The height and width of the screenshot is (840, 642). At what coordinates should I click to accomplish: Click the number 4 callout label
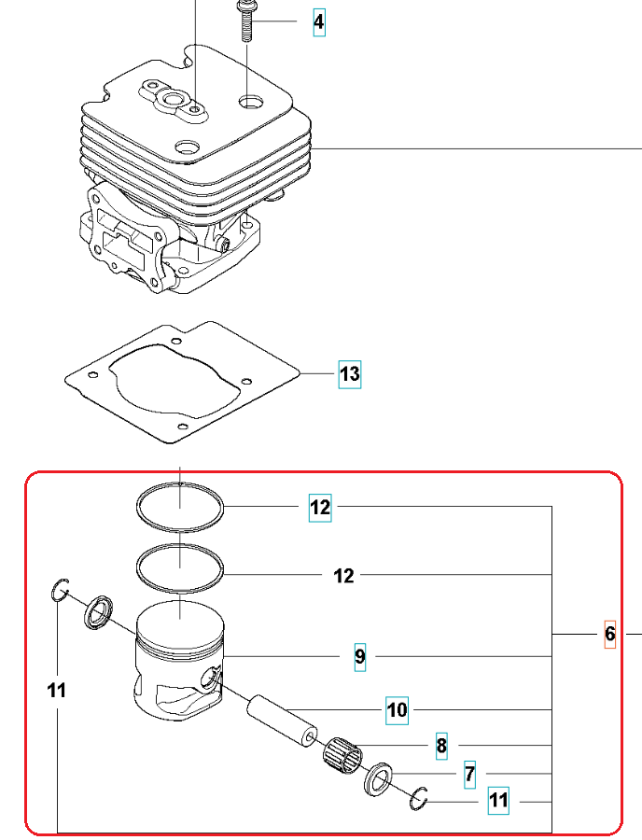(x=319, y=21)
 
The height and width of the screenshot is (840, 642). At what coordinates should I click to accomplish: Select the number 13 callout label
(x=349, y=374)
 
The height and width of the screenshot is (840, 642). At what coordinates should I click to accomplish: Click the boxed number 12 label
(x=320, y=508)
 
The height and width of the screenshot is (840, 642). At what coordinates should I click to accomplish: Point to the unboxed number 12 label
(x=343, y=576)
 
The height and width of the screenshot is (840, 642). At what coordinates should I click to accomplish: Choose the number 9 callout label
(x=360, y=657)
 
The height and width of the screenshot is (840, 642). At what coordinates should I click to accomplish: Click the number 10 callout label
(x=397, y=710)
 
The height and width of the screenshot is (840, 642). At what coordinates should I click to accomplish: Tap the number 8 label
(x=441, y=746)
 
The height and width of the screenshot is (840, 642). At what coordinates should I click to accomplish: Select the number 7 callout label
(x=469, y=774)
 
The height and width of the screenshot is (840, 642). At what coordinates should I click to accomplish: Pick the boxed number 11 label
(x=498, y=800)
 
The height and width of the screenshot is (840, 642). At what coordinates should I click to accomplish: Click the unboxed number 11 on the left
(x=57, y=691)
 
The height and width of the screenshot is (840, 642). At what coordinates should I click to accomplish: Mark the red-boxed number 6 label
(x=610, y=634)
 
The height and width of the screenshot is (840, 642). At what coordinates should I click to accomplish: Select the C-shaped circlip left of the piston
(x=60, y=590)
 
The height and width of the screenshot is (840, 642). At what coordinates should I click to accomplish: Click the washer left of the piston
(x=98, y=614)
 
